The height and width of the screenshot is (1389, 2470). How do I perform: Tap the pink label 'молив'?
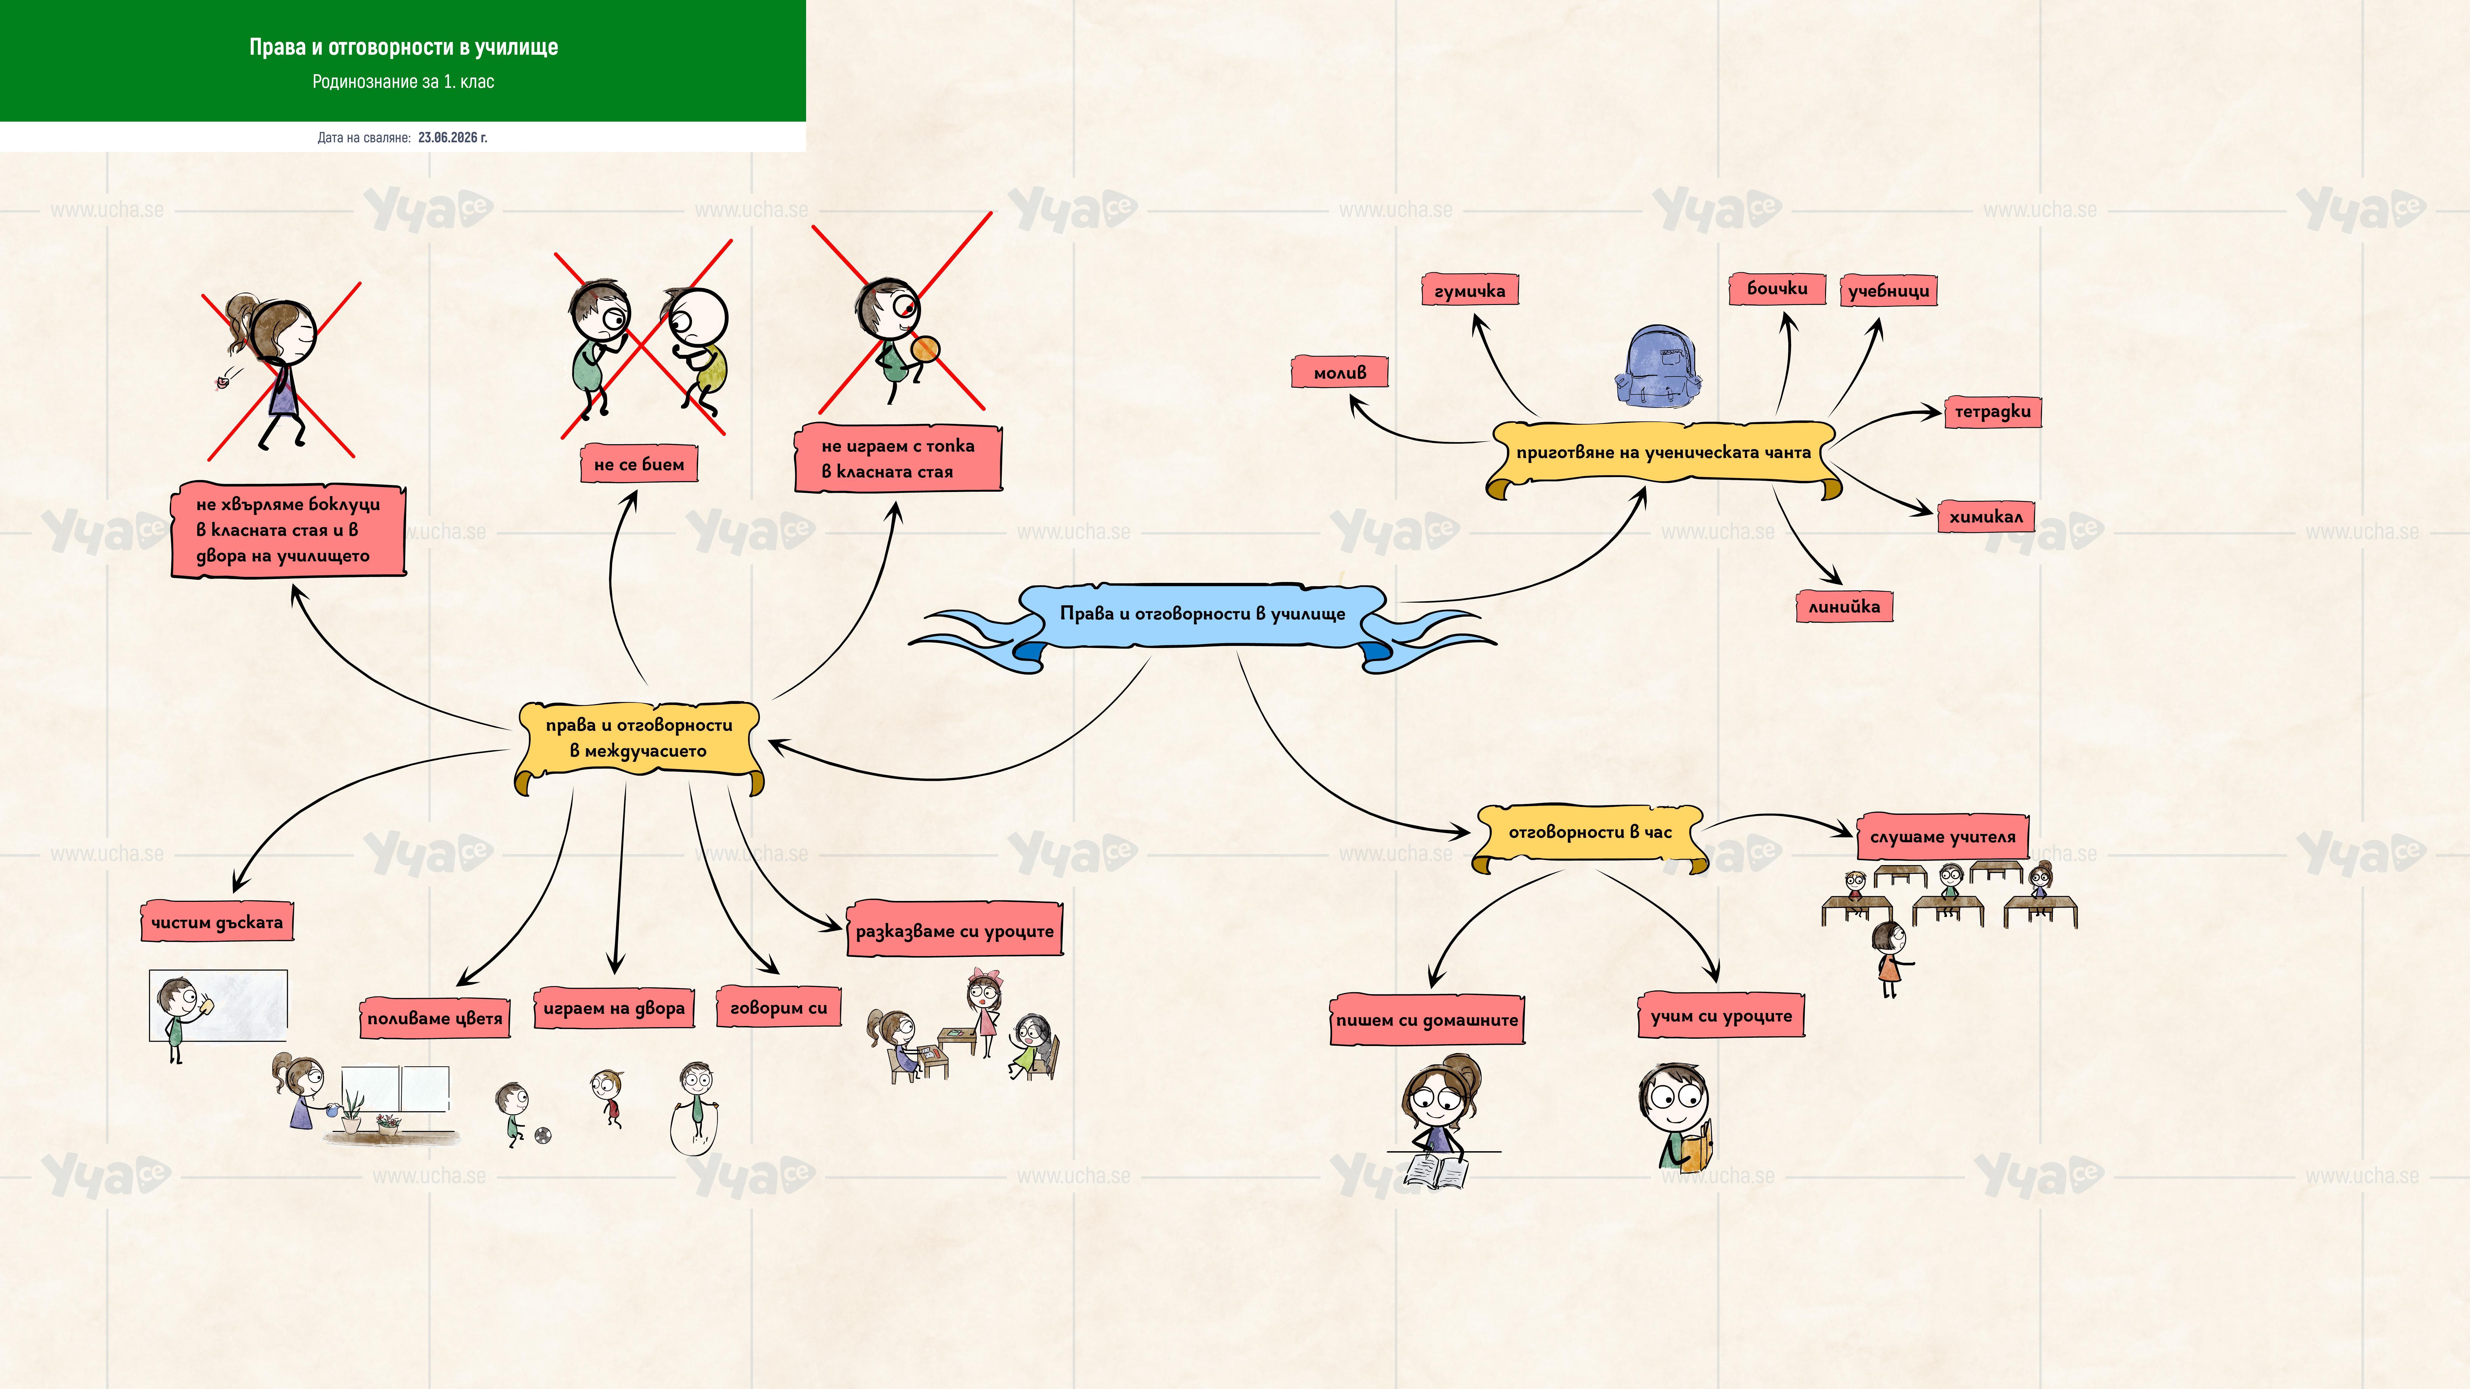coord(1340,372)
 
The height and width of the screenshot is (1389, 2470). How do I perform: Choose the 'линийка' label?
coord(1844,606)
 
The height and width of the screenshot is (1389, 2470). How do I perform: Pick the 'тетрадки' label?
coord(1992,411)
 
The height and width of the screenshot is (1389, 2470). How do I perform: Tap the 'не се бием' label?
coord(638,464)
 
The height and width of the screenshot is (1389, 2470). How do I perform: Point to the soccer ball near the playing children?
coord(543,1136)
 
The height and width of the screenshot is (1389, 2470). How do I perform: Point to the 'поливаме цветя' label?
coord(434,1018)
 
